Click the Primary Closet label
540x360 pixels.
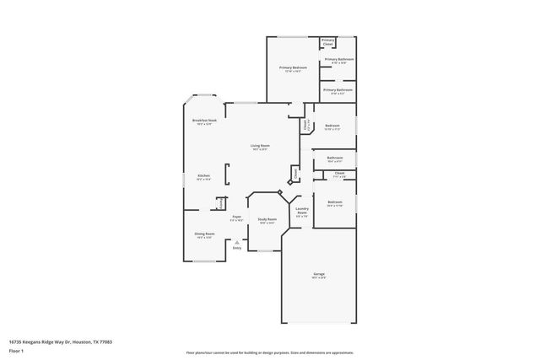tap(328, 41)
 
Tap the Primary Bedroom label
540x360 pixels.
tap(292, 69)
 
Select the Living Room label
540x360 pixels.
tap(259, 148)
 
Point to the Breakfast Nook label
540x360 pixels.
tap(202, 122)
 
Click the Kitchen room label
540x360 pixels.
tap(202, 176)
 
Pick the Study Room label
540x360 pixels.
tap(267, 220)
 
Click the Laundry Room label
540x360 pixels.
tap(302, 211)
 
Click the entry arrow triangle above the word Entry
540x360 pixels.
tap(237, 242)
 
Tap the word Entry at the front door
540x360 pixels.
tap(237, 248)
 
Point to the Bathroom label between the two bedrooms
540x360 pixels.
tap(335, 159)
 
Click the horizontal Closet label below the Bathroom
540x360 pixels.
tap(339, 175)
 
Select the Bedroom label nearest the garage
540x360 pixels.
tap(335, 203)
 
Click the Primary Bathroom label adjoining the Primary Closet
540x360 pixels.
tap(339, 60)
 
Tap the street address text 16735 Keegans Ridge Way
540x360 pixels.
tap(60, 341)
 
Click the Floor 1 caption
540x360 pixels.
tap(17, 349)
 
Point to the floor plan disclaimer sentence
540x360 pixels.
tap(270, 352)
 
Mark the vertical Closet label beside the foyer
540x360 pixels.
tap(220, 203)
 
